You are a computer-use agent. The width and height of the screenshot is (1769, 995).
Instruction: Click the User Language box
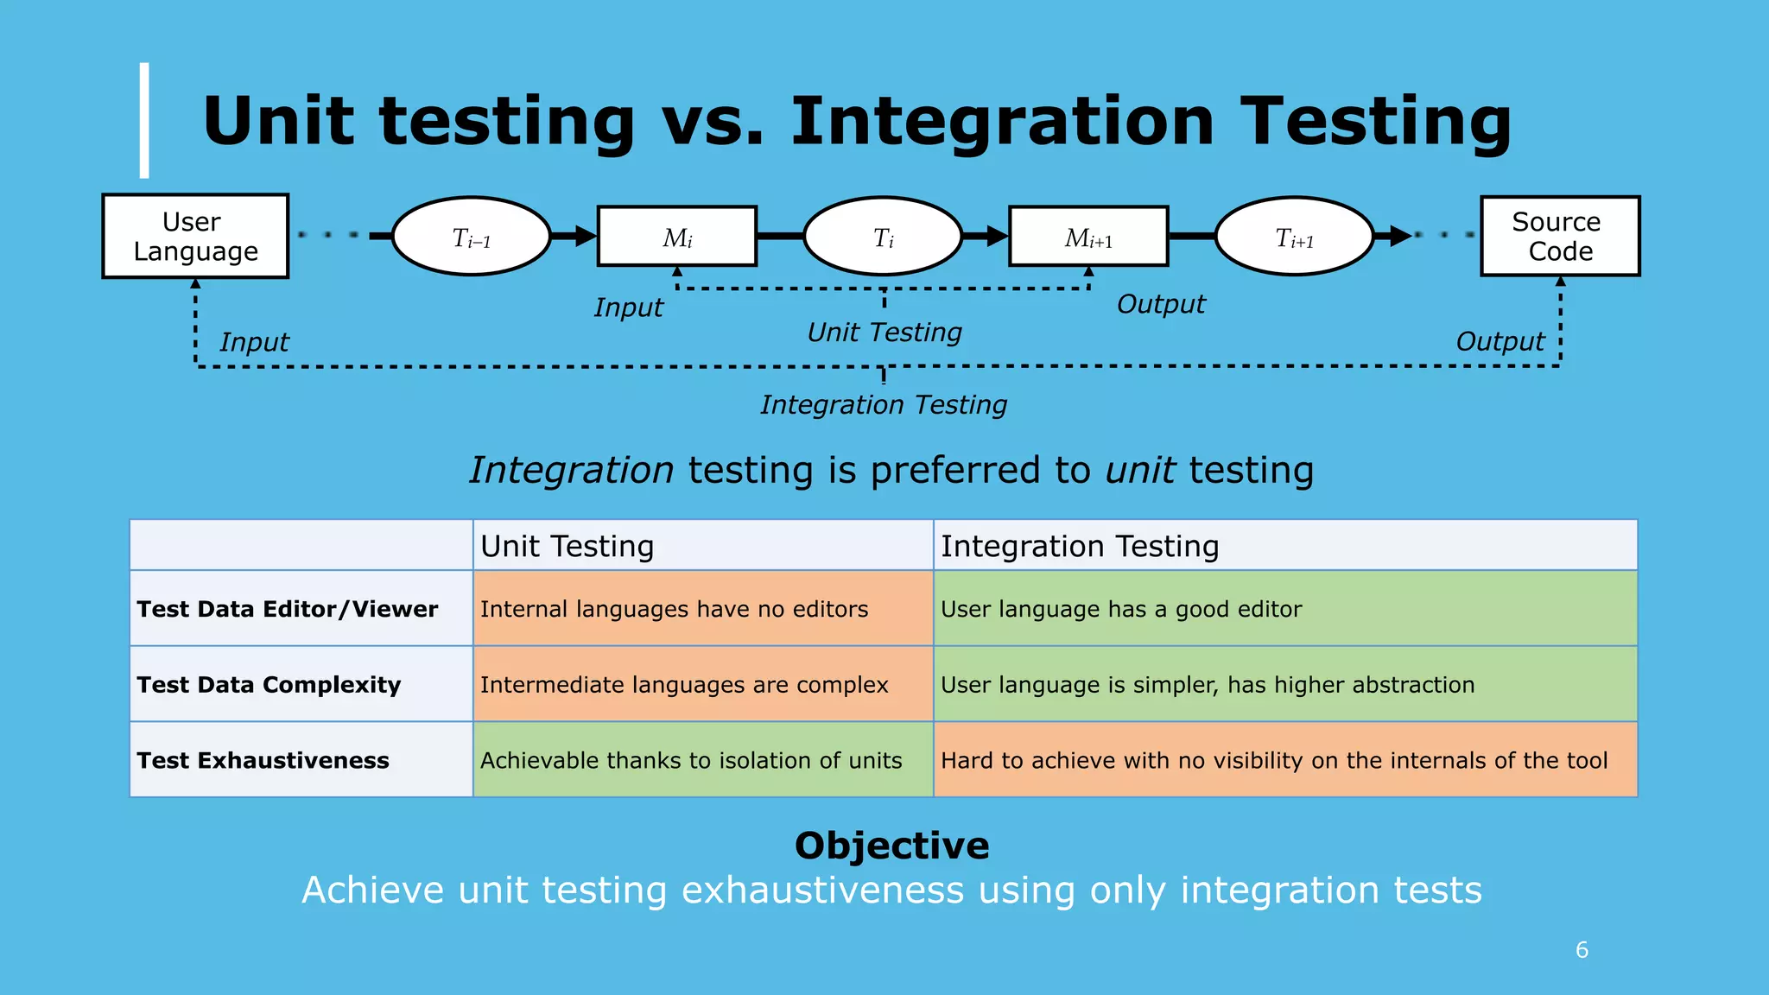(195, 236)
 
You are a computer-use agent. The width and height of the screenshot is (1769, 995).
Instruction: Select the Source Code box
(1560, 236)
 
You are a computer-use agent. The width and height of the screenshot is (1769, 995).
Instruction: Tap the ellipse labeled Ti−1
(472, 237)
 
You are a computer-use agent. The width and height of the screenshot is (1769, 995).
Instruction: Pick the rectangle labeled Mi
(677, 237)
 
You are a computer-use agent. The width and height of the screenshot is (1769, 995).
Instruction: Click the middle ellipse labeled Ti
(883, 237)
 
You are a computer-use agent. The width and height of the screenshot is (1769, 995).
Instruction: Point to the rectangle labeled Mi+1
(1088, 237)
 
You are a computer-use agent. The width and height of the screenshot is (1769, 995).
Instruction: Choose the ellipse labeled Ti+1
(1294, 237)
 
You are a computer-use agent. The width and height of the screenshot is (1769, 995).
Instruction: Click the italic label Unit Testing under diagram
(884, 333)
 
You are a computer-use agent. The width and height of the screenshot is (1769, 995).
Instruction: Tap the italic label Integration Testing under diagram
(884, 404)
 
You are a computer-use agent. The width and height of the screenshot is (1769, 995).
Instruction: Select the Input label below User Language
(254, 342)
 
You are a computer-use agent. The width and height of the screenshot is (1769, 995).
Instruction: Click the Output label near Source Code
(1500, 342)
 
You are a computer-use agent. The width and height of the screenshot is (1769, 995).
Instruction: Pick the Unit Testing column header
(567, 546)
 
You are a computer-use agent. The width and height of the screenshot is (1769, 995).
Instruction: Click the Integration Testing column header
(1080, 546)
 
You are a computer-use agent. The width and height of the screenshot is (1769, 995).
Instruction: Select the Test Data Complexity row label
(269, 685)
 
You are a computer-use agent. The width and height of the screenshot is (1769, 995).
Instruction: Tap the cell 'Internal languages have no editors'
(674, 609)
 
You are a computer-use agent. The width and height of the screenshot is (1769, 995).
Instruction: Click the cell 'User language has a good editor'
(1120, 609)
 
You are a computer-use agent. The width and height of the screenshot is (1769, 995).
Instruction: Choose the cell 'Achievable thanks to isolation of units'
(691, 760)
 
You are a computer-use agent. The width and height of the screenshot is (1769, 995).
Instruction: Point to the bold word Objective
(891, 846)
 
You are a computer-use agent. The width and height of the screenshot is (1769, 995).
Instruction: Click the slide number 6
(1582, 950)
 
